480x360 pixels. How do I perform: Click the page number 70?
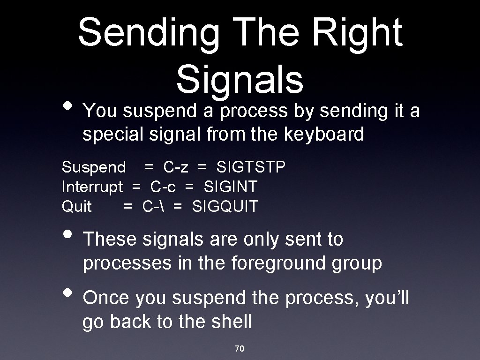point(240,348)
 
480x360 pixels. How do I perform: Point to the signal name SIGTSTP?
point(251,167)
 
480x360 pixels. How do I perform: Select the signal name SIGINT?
point(230,187)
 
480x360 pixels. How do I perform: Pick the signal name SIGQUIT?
point(225,206)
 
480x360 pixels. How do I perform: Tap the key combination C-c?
point(163,187)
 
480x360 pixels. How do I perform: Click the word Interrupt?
point(92,187)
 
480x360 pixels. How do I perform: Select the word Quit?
point(77,206)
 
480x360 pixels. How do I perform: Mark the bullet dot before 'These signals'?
point(67,234)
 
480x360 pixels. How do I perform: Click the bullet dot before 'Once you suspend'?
point(67,293)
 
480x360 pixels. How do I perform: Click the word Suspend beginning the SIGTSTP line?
point(94,167)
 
